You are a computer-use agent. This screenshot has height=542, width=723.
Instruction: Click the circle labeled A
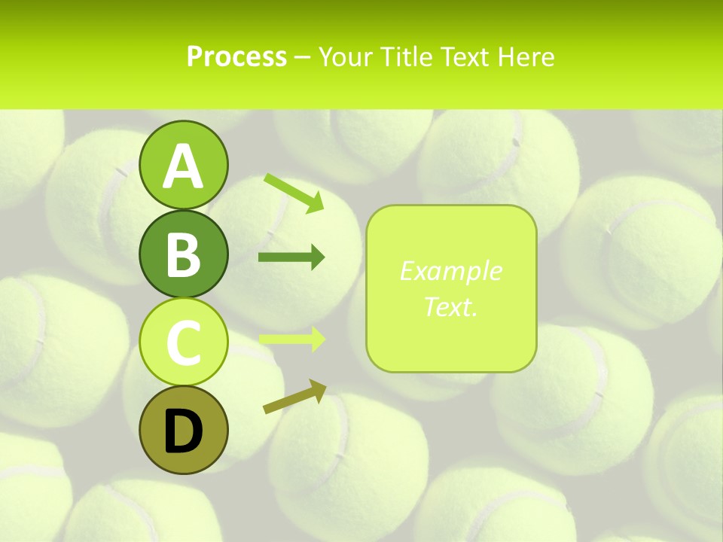click(183, 166)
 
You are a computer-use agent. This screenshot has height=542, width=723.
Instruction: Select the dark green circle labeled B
click(183, 254)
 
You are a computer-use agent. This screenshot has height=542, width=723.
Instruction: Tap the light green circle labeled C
click(183, 342)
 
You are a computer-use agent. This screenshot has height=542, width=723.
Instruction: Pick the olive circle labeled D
click(183, 430)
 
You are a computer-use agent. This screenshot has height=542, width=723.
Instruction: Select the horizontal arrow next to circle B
click(291, 258)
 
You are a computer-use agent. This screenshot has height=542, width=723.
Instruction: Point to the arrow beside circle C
click(291, 340)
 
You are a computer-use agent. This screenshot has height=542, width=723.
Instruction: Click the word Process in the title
click(236, 56)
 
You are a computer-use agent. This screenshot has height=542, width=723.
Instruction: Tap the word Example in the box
click(450, 271)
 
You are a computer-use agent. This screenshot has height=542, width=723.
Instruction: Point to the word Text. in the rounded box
click(450, 306)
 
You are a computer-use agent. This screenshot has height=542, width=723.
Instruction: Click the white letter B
click(183, 254)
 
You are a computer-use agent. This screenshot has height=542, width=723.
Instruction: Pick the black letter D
click(183, 431)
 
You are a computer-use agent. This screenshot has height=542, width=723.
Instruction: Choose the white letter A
click(183, 166)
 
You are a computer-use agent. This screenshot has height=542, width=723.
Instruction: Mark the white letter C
click(183, 343)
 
